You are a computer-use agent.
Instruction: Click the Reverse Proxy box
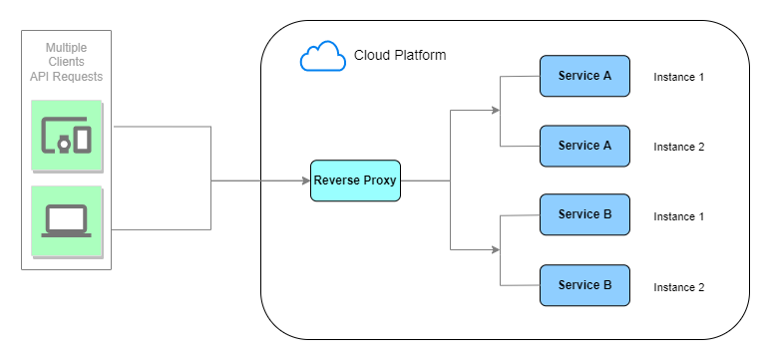355,180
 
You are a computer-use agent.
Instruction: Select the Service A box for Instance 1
584,77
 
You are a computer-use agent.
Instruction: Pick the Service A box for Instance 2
584,146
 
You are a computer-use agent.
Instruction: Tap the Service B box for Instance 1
584,214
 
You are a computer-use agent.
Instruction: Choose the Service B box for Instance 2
584,285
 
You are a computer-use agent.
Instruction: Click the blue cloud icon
322,57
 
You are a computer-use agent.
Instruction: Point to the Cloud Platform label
400,56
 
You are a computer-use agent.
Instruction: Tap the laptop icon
66,220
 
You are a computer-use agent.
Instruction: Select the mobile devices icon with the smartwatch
66,135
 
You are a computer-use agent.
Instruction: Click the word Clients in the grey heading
66,62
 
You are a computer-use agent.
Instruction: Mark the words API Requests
66,77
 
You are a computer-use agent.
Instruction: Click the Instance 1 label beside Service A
678,78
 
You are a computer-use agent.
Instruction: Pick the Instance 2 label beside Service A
678,147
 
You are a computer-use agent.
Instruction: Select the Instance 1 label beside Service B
678,216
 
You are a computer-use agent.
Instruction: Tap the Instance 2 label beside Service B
678,287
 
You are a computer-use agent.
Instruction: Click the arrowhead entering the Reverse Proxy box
305,180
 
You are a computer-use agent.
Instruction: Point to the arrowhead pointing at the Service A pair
496,111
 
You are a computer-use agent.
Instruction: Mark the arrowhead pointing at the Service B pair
496,249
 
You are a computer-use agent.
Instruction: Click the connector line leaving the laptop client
160,229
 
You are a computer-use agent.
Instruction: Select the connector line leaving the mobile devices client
160,127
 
